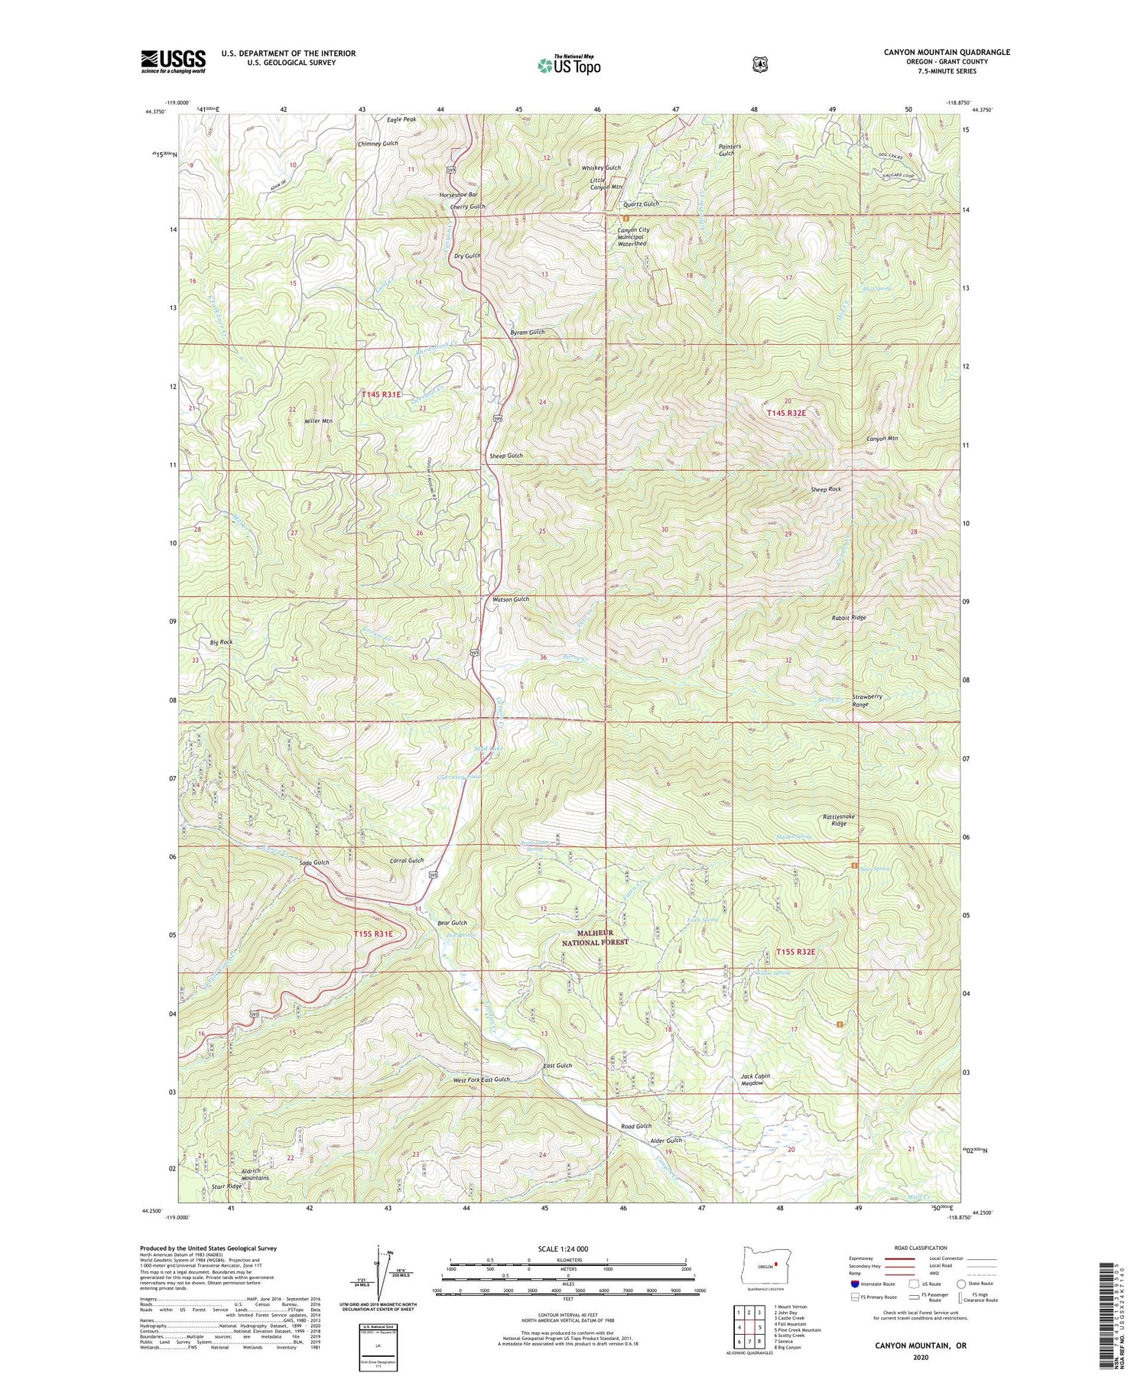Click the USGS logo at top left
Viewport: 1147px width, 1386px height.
(173, 61)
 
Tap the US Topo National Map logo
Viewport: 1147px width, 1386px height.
(569, 65)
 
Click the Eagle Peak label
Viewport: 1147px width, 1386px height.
(401, 120)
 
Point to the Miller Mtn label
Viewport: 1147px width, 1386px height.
(318, 421)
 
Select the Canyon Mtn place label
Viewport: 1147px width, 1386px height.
(882, 439)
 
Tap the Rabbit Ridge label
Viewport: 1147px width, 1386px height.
(849, 617)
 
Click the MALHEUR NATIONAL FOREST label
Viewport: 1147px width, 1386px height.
(595, 938)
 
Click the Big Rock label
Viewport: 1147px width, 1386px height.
(221, 642)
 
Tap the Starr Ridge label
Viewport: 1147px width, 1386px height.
(226, 1186)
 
